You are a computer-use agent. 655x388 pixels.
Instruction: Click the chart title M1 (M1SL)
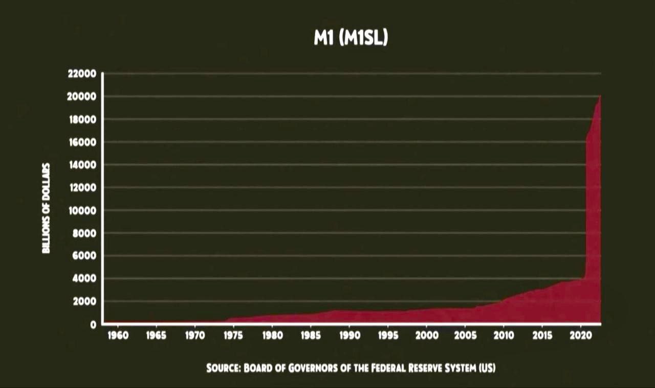tap(351, 39)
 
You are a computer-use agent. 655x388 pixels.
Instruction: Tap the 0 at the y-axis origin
tap(93, 324)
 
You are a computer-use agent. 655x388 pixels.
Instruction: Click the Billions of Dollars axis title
tap(47, 208)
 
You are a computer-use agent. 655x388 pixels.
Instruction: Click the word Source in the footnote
tap(223, 368)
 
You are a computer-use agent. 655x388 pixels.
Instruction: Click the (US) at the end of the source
tap(487, 368)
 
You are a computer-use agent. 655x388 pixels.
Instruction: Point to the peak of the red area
tap(600, 96)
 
